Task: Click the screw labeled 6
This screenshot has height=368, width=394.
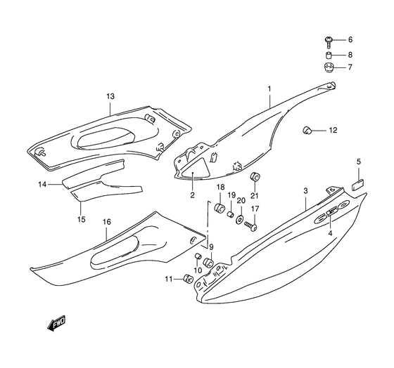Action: [329, 42]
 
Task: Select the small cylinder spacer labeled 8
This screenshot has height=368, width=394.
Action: [329, 55]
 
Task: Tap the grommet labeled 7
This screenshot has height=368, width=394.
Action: [329, 67]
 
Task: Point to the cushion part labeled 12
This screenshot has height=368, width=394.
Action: [307, 130]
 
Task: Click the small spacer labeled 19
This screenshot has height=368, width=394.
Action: [230, 214]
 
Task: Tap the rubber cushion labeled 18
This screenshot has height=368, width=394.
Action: [220, 207]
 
